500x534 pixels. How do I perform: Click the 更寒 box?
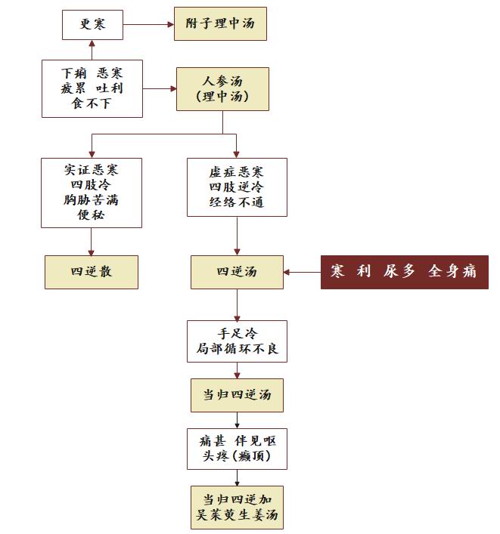pyautogui.click(x=92, y=24)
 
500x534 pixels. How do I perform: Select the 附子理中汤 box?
pyautogui.click(x=220, y=24)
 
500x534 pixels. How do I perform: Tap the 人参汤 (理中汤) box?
pyautogui.click(x=222, y=89)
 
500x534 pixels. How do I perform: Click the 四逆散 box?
pyautogui.click(x=92, y=272)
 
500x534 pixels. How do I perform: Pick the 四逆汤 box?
pyautogui.click(x=237, y=272)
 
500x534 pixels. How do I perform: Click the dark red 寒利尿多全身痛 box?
pyautogui.click(x=405, y=272)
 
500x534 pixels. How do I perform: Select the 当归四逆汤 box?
pyautogui.click(x=237, y=395)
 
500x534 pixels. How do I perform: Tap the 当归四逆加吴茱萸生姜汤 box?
pyautogui.click(x=237, y=507)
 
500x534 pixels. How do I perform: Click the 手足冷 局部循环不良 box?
pyautogui.click(x=237, y=341)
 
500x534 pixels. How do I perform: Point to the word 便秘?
pyautogui.click(x=91, y=215)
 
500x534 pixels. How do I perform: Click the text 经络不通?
pyautogui.click(x=237, y=202)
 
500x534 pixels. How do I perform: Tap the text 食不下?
pyautogui.click(x=92, y=103)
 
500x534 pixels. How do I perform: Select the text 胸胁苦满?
pyautogui.click(x=91, y=200)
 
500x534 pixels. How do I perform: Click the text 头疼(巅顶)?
pyautogui.click(x=237, y=456)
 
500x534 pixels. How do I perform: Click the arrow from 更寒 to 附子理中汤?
pyautogui.click(x=149, y=24)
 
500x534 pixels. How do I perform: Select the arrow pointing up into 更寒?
pyautogui.click(x=92, y=50)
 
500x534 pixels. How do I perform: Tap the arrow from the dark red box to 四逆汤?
pyautogui.click(x=302, y=272)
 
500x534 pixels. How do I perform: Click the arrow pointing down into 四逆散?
pyautogui.click(x=91, y=242)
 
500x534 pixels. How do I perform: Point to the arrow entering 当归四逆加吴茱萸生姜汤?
pyautogui.click(x=237, y=478)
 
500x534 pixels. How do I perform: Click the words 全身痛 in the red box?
pyautogui.click(x=452, y=271)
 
